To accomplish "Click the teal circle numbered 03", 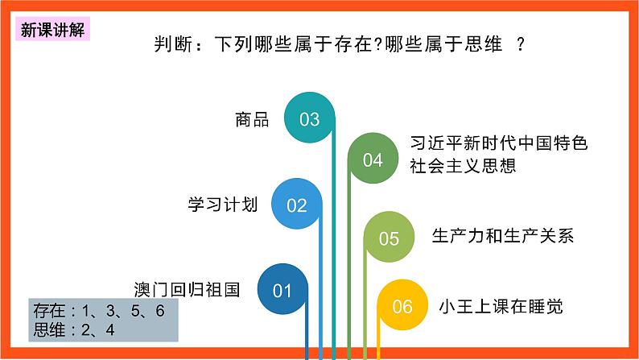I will [x=310, y=119].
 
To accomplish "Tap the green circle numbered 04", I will [x=373, y=160].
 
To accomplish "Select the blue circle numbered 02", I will [x=297, y=205].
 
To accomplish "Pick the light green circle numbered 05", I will [x=389, y=238].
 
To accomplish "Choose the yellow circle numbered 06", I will [x=402, y=306].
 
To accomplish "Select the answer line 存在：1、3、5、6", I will [x=98, y=311].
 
